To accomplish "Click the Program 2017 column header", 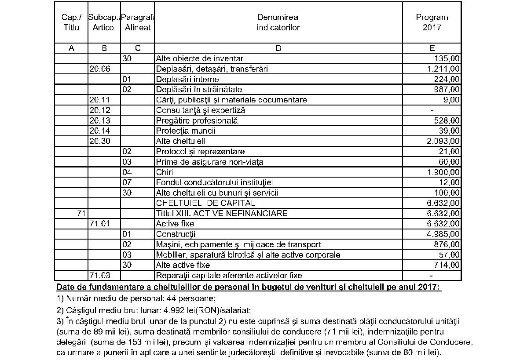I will click(x=432, y=22).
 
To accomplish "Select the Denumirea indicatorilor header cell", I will click(x=278, y=22).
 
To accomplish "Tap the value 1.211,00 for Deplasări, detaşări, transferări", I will click(x=443, y=69).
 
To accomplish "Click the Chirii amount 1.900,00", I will click(x=443, y=172).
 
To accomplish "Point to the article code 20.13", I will click(x=99, y=120).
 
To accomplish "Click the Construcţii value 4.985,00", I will click(x=443, y=234).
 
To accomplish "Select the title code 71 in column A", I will click(x=80, y=214).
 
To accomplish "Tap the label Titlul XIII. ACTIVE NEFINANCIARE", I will click(x=222, y=214).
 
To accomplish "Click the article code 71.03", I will click(x=99, y=276).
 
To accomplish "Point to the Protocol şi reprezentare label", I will click(x=200, y=152).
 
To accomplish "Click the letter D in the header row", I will click(x=278, y=48).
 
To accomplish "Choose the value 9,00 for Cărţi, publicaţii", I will click(x=452, y=100).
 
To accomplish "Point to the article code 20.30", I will click(x=99, y=141).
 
